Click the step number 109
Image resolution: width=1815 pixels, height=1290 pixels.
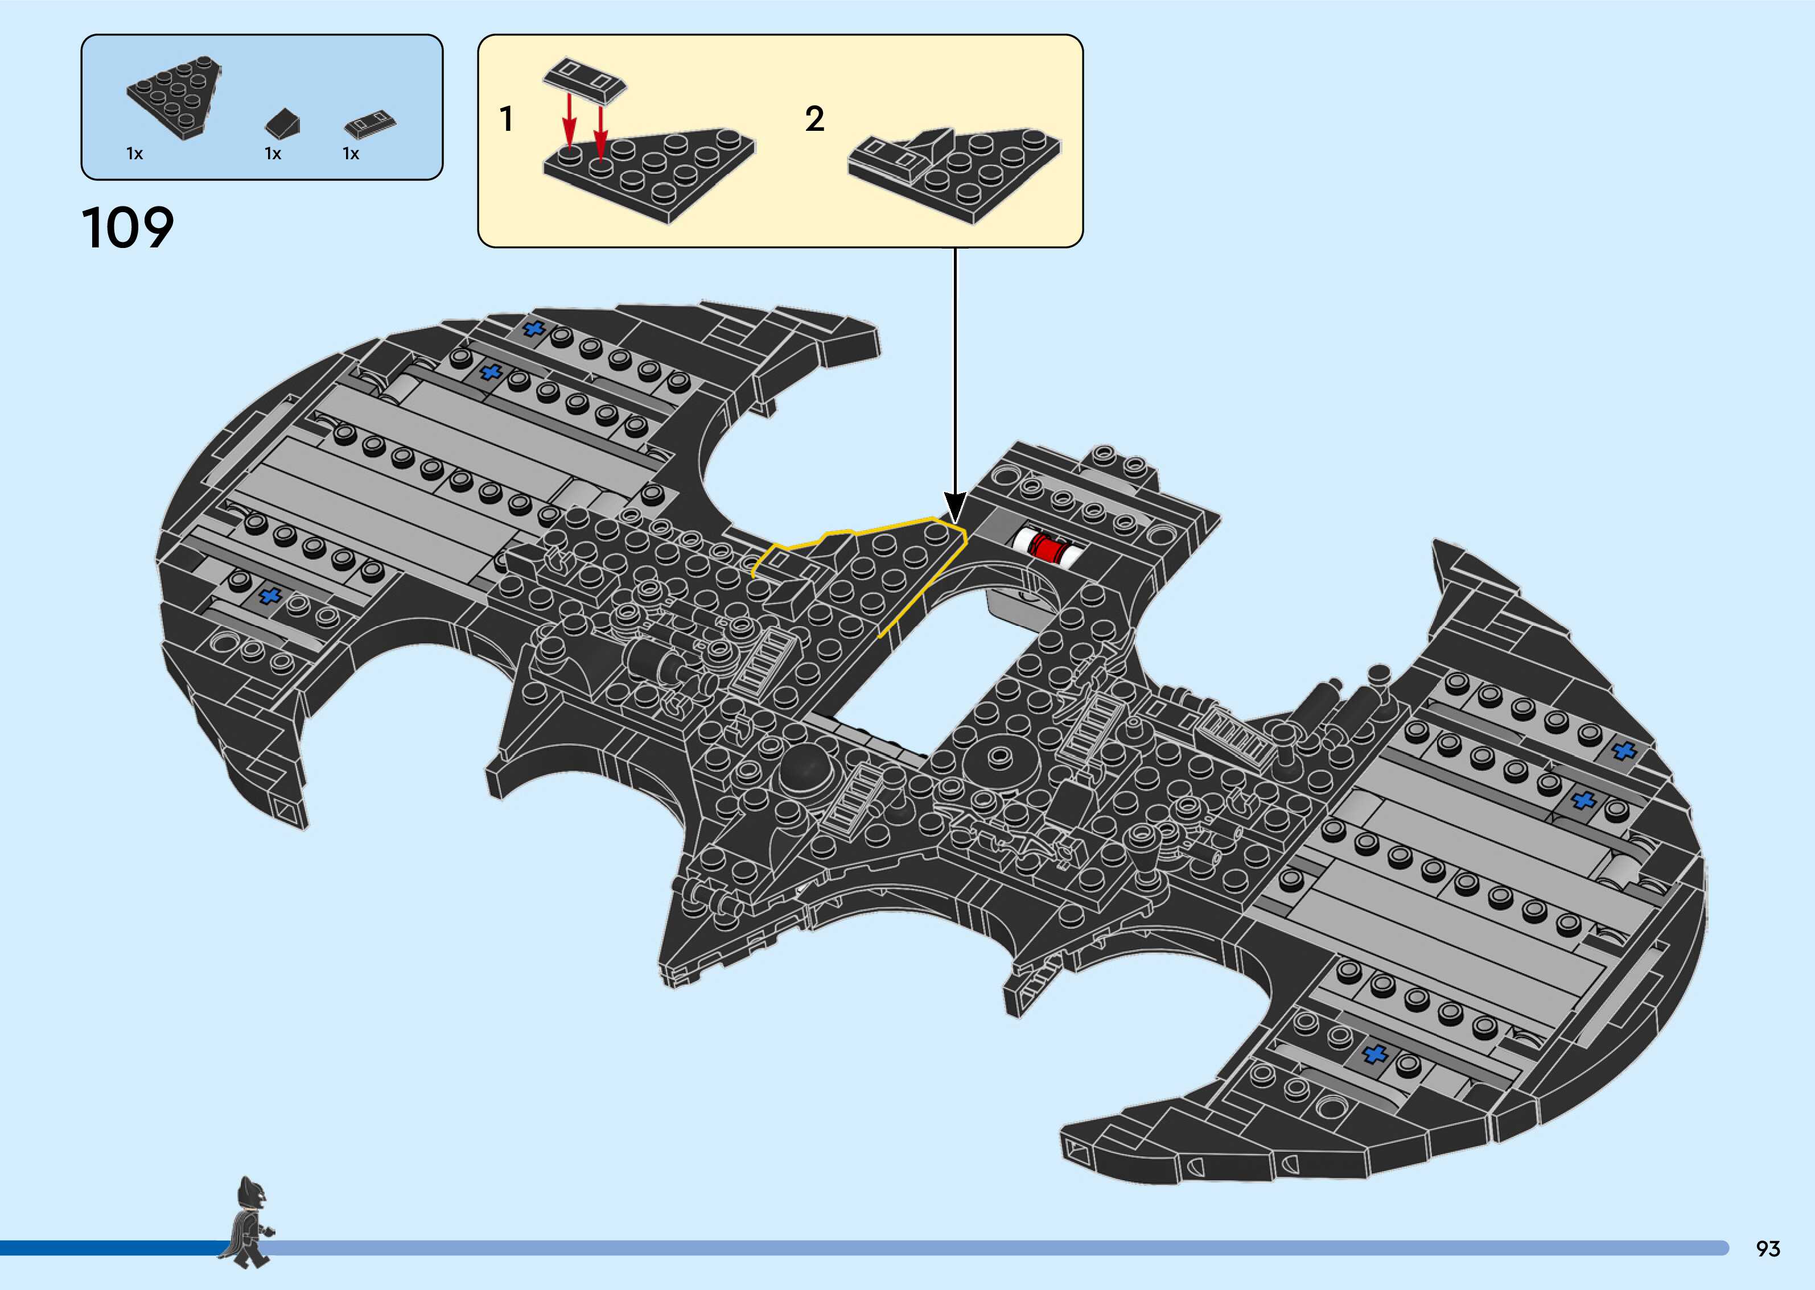coord(127,228)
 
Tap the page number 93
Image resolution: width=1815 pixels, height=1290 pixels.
coord(1767,1248)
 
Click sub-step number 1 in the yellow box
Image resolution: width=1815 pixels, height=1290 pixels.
coord(506,119)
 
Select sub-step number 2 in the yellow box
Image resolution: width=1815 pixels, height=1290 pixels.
coord(814,119)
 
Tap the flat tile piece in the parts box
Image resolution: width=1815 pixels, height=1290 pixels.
coord(371,124)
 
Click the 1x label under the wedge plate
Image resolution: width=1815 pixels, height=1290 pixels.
coord(134,154)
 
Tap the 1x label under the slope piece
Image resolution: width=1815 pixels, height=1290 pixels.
coord(273,154)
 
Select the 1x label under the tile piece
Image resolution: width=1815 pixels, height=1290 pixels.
coord(351,154)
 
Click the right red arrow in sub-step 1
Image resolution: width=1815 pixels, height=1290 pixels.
coord(600,127)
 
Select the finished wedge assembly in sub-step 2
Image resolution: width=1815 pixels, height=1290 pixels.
coord(953,171)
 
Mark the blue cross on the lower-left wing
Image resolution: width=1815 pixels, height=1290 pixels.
coord(271,596)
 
